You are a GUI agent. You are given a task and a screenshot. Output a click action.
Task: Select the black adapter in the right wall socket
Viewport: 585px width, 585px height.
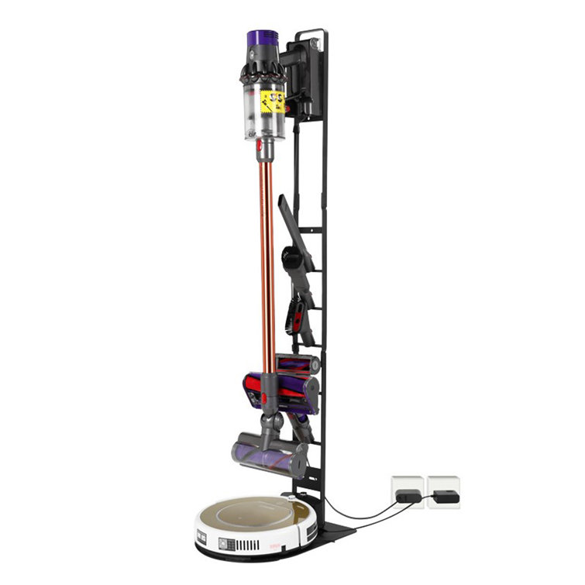[x=445, y=496]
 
